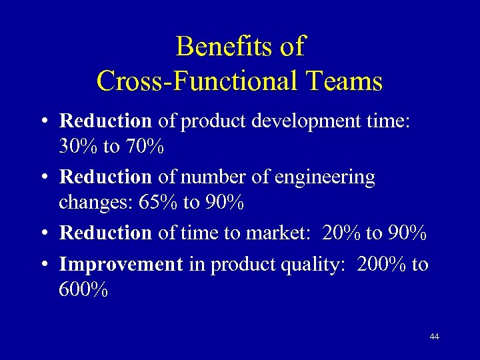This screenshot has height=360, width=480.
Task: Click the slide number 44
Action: click(x=435, y=337)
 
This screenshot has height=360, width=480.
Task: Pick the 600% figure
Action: click(x=83, y=291)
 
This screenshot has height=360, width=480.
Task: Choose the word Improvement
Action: click(x=121, y=264)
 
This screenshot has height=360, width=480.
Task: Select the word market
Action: click(x=280, y=233)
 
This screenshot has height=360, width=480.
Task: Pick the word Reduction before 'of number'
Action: click(x=106, y=177)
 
